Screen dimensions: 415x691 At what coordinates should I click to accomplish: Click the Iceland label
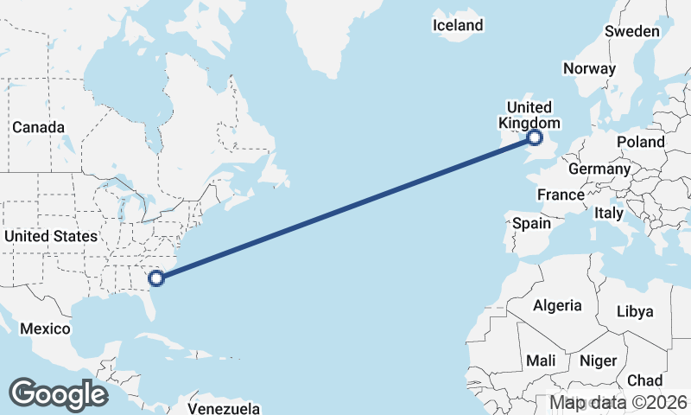pos(458,26)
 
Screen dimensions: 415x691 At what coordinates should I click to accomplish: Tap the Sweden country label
pos(631,31)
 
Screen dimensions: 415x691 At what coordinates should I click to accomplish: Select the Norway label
pos(589,68)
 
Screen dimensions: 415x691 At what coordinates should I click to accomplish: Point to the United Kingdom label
pos(528,115)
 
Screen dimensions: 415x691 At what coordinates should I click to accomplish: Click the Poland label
pos(640,142)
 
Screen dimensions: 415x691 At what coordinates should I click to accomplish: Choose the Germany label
pos(599,169)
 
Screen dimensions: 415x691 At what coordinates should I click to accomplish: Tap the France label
pos(561,195)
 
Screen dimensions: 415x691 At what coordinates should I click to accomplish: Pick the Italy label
pos(609,213)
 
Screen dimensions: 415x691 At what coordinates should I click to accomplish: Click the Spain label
pos(531,223)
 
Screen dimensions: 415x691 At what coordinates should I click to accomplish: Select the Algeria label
pos(557,305)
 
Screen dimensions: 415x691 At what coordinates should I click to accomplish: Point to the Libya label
pos(637,311)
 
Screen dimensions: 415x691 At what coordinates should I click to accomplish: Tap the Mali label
pos(541,360)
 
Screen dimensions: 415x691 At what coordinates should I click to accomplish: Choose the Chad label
pos(644,380)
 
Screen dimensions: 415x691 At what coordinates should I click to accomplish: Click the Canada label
pos(38,127)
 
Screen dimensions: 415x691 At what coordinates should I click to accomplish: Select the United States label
pos(50,236)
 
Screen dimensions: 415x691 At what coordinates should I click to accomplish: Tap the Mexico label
pos(45,329)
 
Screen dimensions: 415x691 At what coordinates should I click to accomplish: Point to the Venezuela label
pos(224,407)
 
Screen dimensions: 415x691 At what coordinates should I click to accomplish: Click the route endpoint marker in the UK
pos(535,137)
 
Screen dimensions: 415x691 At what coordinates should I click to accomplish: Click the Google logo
pos(58,394)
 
